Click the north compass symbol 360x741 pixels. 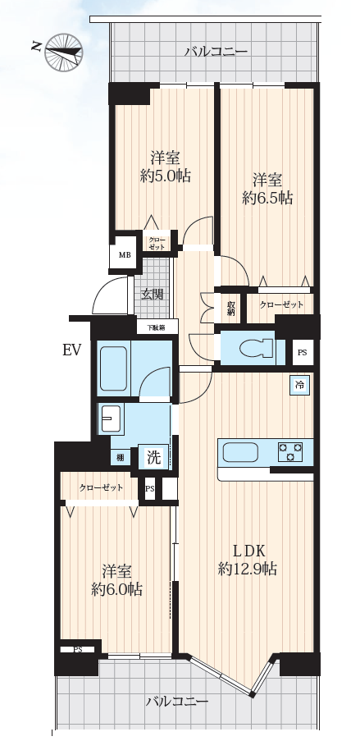(x=63, y=52)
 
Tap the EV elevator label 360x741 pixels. (x=72, y=350)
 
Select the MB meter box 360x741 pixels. (x=125, y=255)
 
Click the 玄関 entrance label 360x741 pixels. (x=153, y=294)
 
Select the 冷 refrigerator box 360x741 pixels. (x=299, y=385)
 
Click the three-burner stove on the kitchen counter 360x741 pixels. (x=290, y=451)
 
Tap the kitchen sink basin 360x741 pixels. (x=240, y=452)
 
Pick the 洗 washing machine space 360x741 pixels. (x=153, y=457)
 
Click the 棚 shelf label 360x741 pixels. (x=121, y=458)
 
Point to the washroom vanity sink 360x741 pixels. (x=111, y=419)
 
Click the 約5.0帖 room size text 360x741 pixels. (x=166, y=176)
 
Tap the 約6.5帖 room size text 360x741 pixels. (x=267, y=198)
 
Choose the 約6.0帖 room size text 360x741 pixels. (x=116, y=589)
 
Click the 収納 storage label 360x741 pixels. (x=230, y=309)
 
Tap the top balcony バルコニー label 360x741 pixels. (x=216, y=51)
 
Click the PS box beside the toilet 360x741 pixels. (x=303, y=353)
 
